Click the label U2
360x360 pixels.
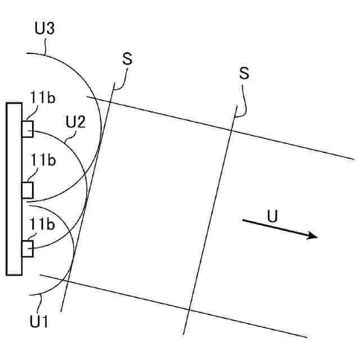tap(75, 121)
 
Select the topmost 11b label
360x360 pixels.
tap(43, 100)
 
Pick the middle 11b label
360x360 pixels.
tap(43, 161)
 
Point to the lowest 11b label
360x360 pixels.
tap(43, 224)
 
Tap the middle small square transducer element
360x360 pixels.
tap(28, 190)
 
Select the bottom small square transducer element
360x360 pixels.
tap(28, 248)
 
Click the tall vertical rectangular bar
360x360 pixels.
tap(14, 189)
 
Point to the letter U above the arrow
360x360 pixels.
tap(272, 216)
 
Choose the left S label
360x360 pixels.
tap(127, 60)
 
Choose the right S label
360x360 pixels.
tap(244, 73)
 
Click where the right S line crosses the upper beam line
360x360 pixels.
tap(232, 128)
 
